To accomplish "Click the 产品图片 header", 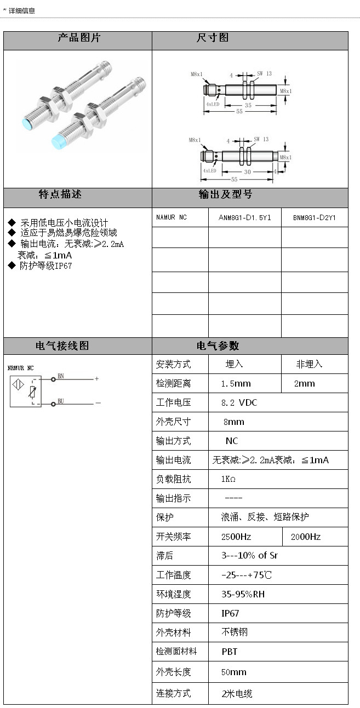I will pyautogui.click(x=79, y=38).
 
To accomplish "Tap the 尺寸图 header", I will pyautogui.click(x=213, y=38).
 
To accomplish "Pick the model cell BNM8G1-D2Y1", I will pyautogui.click(x=314, y=217).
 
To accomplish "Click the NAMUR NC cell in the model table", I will pyautogui.click(x=172, y=217).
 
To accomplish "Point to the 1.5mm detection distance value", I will pyautogui.click(x=236, y=383).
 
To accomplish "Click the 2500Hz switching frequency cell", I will pyautogui.click(x=236, y=537).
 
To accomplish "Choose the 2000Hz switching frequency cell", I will pyautogui.click(x=306, y=537).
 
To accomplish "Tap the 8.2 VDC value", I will pyautogui.click(x=239, y=402).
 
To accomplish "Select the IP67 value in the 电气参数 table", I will pyautogui.click(x=230, y=613).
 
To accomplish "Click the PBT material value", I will pyautogui.click(x=230, y=652).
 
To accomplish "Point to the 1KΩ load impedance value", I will pyautogui.click(x=228, y=479).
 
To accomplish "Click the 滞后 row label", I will pyautogui.click(x=164, y=556).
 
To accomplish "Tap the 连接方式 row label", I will pyautogui.click(x=174, y=693).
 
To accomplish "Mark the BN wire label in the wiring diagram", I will pyautogui.click(x=61, y=376).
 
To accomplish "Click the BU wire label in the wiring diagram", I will pyautogui.click(x=61, y=401).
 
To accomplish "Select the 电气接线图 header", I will pyautogui.click(x=62, y=346).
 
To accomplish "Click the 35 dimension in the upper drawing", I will pyautogui.click(x=248, y=105).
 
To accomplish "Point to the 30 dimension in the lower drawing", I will pyautogui.click(x=247, y=171).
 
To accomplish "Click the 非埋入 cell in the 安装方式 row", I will pyautogui.click(x=310, y=364).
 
